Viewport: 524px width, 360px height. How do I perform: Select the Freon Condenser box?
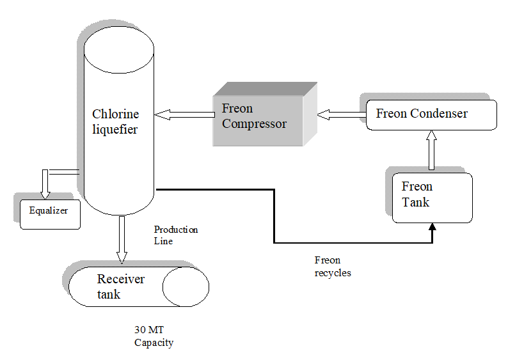tap(431, 114)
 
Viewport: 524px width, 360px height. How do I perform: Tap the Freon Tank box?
tap(432, 197)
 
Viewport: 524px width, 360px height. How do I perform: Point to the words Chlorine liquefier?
tap(115, 122)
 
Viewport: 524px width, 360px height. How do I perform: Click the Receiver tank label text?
tap(121, 286)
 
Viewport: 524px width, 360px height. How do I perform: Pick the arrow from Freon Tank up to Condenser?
tap(432, 150)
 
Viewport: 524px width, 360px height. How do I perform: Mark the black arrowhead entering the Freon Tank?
tap(433, 227)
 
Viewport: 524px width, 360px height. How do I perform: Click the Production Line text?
tap(175, 235)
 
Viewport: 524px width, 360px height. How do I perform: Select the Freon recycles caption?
tap(332, 267)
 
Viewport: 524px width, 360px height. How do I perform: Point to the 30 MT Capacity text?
tap(153, 336)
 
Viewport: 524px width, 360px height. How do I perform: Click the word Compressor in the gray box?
tap(254, 124)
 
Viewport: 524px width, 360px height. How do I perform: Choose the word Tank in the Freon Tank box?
tap(415, 202)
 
